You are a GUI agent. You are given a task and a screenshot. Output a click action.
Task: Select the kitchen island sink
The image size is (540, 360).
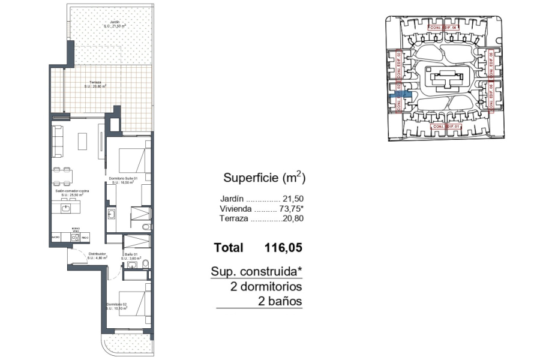[66, 208]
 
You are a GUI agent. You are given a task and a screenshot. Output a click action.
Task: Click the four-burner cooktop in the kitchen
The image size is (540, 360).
[76, 238]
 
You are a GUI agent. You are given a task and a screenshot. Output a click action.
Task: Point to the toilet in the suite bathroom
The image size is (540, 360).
[146, 226]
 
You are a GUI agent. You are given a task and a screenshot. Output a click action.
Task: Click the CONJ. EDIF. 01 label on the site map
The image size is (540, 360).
[446, 127]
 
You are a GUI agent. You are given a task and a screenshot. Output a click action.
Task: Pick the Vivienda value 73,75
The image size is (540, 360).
[292, 209]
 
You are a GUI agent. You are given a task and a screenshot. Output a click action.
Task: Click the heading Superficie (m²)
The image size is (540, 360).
[265, 178]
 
